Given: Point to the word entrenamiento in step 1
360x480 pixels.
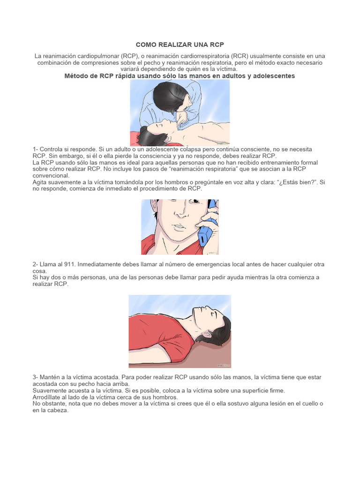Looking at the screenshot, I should tap(268, 163).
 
